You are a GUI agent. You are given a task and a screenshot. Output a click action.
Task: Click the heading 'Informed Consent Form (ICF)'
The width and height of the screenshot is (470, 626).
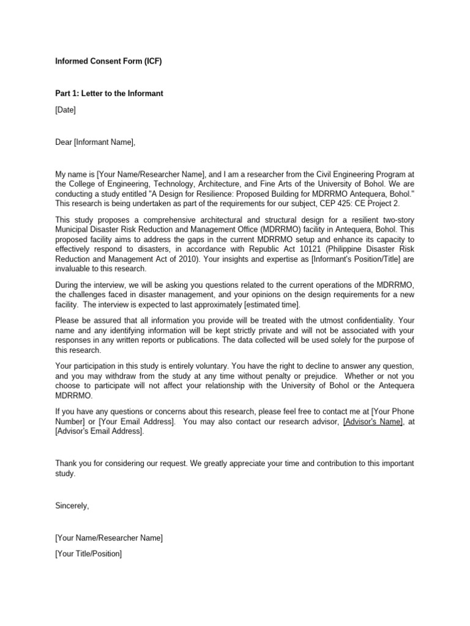pos(108,61)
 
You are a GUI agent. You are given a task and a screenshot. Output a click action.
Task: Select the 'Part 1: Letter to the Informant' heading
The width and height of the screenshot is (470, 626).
pos(109,94)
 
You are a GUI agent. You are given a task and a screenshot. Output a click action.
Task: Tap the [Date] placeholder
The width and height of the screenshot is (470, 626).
pos(65,110)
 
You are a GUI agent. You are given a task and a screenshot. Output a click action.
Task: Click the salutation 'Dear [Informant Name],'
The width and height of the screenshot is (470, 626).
pos(95,142)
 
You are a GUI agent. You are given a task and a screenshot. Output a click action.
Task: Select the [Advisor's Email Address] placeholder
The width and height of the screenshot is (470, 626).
pos(100,432)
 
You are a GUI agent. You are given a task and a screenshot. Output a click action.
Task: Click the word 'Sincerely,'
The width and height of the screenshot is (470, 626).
pos(72,506)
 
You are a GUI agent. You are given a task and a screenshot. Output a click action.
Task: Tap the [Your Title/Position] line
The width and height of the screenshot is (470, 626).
pos(89,554)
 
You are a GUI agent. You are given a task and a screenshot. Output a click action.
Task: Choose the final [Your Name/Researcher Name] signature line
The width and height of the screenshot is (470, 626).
pos(109,538)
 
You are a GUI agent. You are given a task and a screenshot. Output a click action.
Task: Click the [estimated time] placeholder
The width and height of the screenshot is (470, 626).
pos(270,305)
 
